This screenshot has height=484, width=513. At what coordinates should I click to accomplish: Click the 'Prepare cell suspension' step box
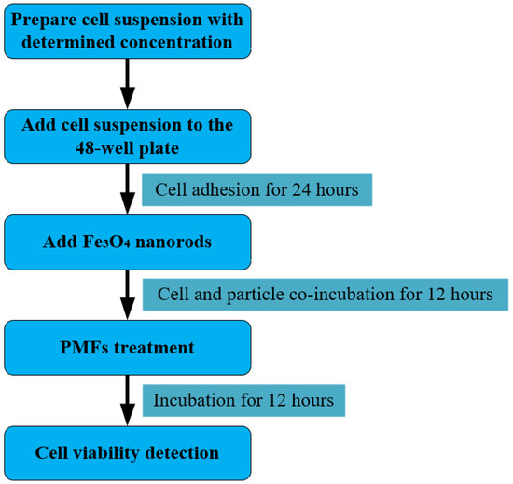click(128, 30)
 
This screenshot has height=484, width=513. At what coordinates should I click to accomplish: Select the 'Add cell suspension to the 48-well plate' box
click(128, 136)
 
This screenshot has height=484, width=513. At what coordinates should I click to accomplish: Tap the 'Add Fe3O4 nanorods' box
click(128, 242)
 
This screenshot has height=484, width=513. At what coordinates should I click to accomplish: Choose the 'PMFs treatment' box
click(128, 348)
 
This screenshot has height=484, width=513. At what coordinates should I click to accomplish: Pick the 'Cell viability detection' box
click(128, 453)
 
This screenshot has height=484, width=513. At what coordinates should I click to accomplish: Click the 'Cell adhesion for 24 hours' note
click(256, 189)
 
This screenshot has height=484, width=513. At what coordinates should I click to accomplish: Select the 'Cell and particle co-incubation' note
click(326, 295)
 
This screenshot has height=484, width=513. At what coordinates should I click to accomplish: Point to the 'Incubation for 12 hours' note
click(243, 401)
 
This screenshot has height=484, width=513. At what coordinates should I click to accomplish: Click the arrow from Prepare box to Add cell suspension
click(128, 84)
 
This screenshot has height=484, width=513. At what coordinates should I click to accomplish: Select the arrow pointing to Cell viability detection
click(128, 401)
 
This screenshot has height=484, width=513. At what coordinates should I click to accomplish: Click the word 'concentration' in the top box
click(179, 41)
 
